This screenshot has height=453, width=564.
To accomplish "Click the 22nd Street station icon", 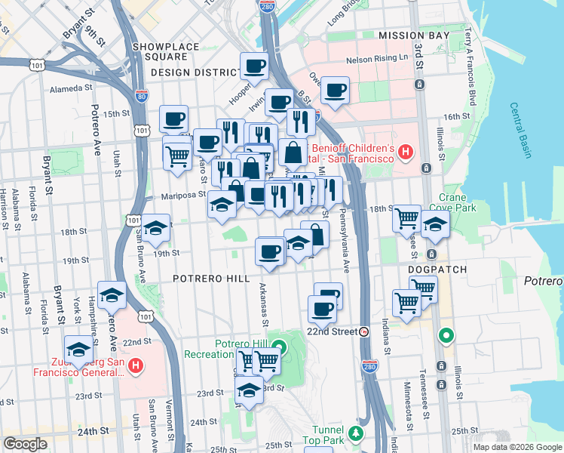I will coord(364,331).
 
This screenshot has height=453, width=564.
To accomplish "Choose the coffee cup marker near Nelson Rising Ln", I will coord(336,91).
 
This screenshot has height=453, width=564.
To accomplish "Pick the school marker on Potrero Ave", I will coord(112,294).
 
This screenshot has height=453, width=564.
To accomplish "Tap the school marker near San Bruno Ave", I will coord(156,229).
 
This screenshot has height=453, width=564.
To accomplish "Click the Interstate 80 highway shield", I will coord(143,96).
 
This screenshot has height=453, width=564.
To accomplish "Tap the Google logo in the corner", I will coord(25,444).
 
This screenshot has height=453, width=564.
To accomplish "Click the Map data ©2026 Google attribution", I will coord(517,447).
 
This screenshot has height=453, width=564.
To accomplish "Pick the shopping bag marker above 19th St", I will coord(315,234).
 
